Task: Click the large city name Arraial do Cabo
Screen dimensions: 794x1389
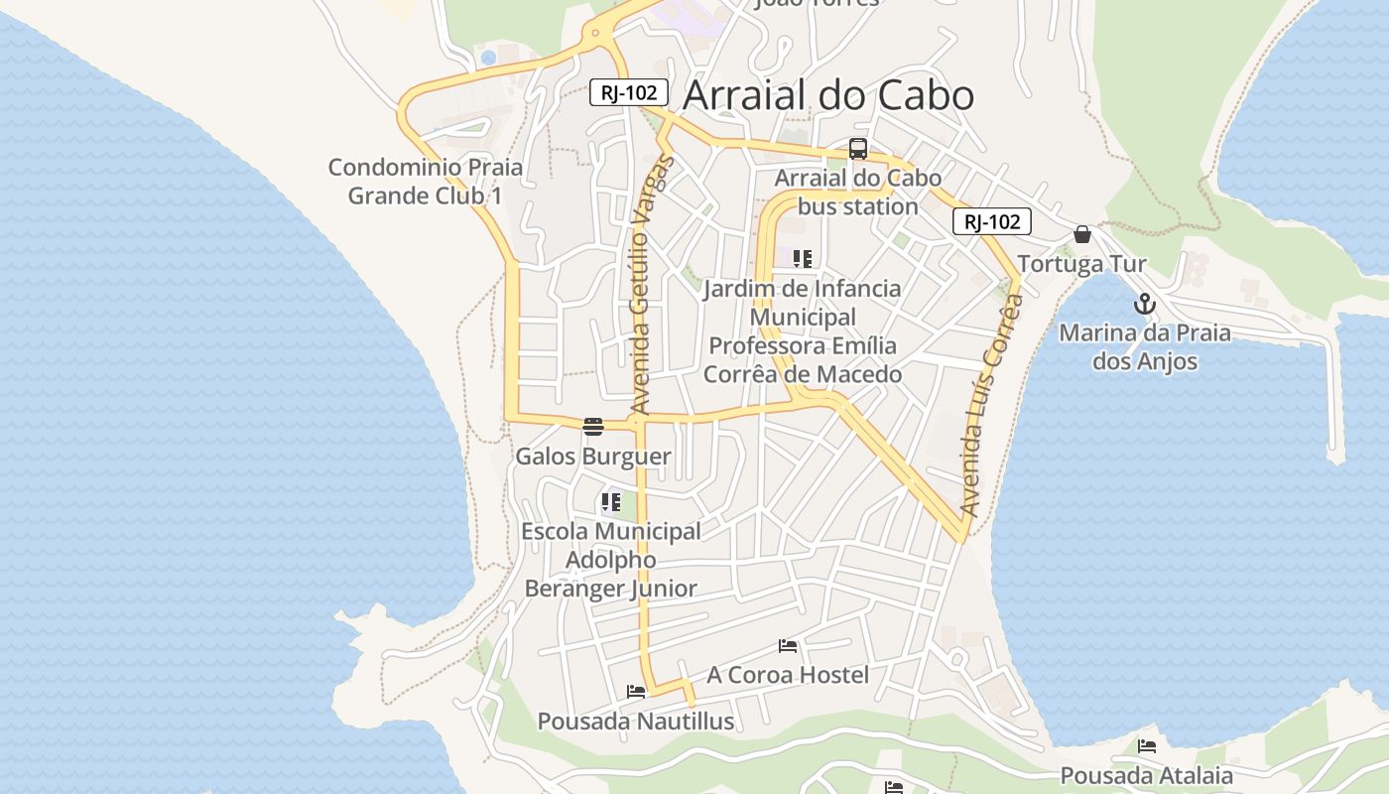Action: [x=828, y=95]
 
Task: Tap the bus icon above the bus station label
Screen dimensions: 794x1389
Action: [x=858, y=150]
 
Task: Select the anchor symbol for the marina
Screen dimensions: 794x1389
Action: [x=1145, y=304]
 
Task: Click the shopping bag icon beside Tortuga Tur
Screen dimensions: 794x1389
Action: [x=1082, y=234]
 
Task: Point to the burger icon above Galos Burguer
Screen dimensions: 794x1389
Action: [x=593, y=427]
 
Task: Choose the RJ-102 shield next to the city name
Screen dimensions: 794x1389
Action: [x=629, y=92]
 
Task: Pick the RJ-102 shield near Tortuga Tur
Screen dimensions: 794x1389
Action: [x=992, y=221]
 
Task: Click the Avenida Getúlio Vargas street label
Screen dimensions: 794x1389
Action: [x=652, y=285]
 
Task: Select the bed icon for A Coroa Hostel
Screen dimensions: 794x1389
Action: [x=788, y=646]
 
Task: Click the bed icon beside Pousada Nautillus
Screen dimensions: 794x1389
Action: [x=636, y=691]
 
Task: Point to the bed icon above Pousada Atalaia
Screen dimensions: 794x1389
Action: [x=1147, y=746]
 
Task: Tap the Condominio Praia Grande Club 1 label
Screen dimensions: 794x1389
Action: [x=425, y=182]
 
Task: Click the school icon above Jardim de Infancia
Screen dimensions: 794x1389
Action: [x=803, y=260]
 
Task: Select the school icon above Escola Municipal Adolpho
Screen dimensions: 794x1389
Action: [x=611, y=502]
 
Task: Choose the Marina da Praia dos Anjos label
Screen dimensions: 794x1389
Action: [x=1145, y=346]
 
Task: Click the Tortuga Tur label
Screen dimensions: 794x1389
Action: [x=1081, y=264]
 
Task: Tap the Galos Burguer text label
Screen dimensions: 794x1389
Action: [x=593, y=457]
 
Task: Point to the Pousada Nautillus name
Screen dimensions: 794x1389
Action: [x=636, y=721]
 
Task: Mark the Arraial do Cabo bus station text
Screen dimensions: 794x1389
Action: [x=858, y=193]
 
